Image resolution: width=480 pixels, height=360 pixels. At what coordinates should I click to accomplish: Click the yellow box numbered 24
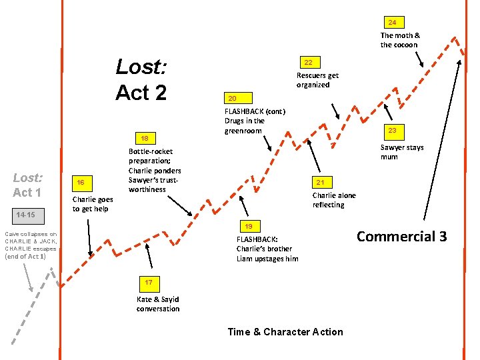pyautogui.click(x=393, y=22)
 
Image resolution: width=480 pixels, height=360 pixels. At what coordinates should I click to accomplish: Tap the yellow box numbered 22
pyautogui.click(x=308, y=62)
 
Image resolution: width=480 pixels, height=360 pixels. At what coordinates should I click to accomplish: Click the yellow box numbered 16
pyautogui.click(x=81, y=183)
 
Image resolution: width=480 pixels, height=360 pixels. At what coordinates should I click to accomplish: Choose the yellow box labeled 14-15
pyautogui.click(x=28, y=215)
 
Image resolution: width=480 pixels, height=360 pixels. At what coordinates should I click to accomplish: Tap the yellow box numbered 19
pyautogui.click(x=247, y=226)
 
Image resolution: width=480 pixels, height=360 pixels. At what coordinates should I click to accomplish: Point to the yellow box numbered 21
pyautogui.click(x=320, y=182)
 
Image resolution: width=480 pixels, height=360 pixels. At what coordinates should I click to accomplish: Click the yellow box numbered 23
pyautogui.click(x=393, y=130)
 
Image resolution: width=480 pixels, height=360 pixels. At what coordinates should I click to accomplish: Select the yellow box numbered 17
pyautogui.click(x=149, y=283)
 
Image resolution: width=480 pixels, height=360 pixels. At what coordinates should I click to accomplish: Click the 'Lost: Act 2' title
pyautogui.click(x=141, y=79)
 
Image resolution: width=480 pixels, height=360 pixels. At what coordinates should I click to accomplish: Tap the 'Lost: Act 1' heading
pyautogui.click(x=27, y=185)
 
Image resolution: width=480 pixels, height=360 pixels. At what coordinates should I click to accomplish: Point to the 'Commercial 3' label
pyautogui.click(x=401, y=237)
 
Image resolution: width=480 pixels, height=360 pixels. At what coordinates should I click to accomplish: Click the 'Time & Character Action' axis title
pyautogui.click(x=285, y=332)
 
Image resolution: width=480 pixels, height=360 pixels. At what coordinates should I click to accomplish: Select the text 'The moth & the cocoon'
pyautogui.click(x=400, y=40)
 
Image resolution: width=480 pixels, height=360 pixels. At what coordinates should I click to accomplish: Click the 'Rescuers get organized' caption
pyautogui.click(x=317, y=80)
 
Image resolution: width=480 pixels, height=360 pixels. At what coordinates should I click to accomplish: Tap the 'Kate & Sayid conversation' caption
pyautogui.click(x=158, y=304)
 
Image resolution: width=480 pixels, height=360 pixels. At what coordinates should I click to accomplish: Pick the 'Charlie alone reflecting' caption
pyautogui.click(x=334, y=200)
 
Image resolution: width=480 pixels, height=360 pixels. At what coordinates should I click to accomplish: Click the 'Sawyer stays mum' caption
pyautogui.click(x=401, y=153)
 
